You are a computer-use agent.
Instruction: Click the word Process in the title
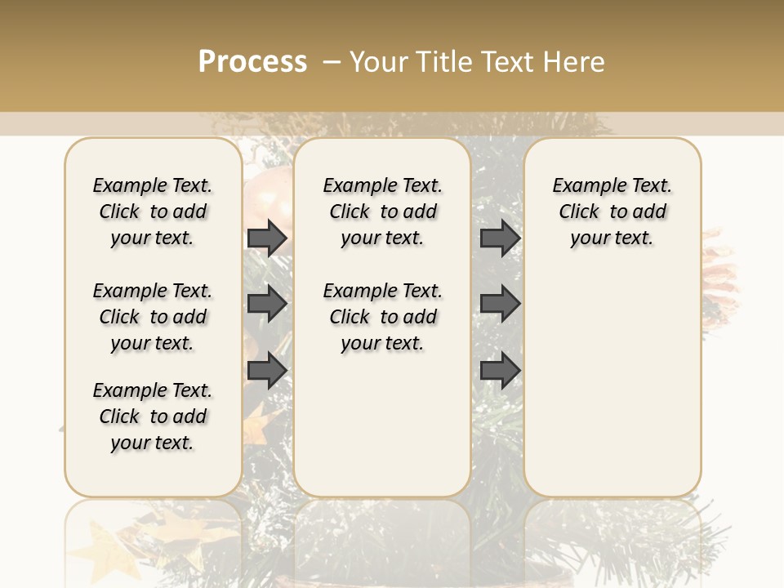click(252, 61)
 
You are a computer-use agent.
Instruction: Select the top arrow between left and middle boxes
click(267, 238)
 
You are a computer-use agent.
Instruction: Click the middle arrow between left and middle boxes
click(267, 305)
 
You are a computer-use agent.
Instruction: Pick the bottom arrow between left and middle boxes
click(267, 371)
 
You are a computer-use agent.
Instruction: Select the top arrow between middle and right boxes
click(500, 238)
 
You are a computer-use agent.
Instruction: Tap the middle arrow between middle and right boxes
click(500, 305)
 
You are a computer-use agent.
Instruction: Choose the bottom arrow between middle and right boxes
click(500, 371)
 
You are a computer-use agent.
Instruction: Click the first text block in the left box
click(153, 212)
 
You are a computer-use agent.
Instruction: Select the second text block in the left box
click(153, 317)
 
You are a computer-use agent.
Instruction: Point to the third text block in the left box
click(153, 416)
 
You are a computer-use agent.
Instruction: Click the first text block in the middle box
click(382, 212)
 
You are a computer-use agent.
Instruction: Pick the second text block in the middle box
click(382, 317)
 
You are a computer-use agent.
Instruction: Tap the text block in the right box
click(612, 212)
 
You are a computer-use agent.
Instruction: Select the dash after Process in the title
click(332, 61)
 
